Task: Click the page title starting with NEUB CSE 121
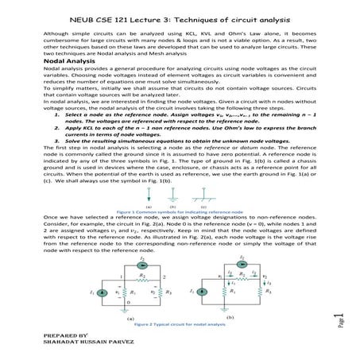(180, 17)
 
